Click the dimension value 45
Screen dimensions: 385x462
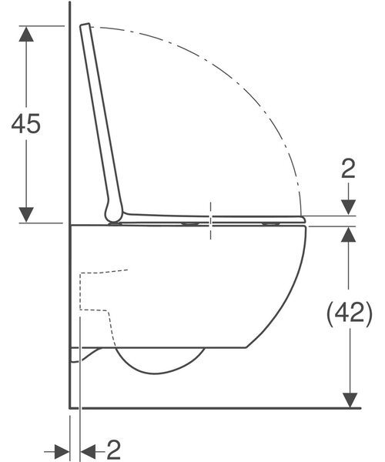point(26,124)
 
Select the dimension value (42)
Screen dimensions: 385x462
point(350,313)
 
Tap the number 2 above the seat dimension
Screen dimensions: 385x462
point(348,168)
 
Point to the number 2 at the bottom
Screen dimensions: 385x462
point(114,450)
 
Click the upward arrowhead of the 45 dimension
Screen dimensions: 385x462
point(26,33)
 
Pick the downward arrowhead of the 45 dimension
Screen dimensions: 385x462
point(26,215)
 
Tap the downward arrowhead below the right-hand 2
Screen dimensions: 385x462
point(349,207)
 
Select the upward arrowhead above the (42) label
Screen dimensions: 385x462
point(349,234)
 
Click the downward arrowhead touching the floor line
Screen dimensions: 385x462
point(350,400)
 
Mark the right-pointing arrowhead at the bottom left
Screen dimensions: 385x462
point(62,452)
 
